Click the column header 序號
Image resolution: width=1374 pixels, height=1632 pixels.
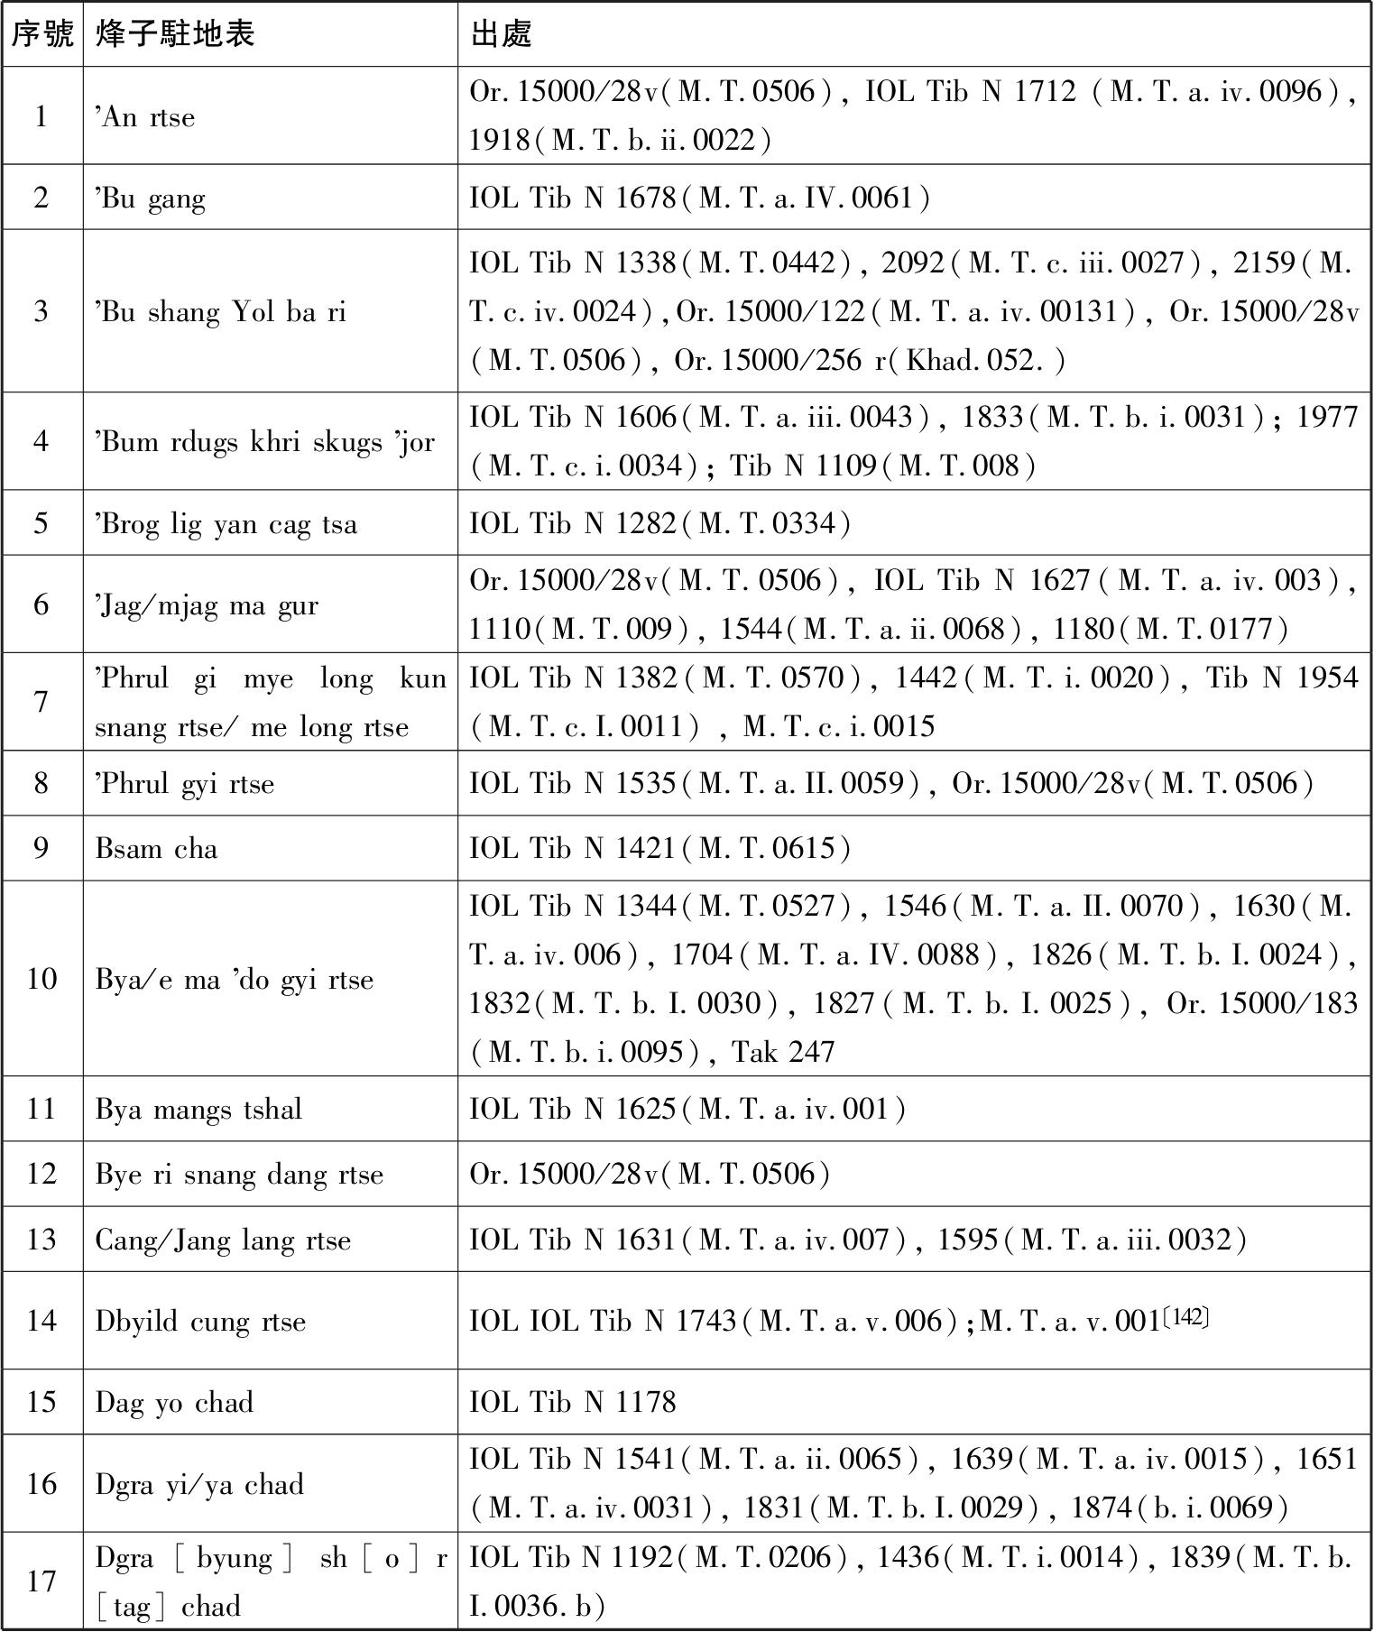(x=41, y=34)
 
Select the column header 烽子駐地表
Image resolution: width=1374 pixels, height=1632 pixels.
(x=175, y=34)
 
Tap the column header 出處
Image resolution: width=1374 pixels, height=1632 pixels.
(x=502, y=34)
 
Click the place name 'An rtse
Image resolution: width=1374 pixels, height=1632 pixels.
(x=145, y=117)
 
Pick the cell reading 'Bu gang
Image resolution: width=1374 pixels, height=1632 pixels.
(x=151, y=198)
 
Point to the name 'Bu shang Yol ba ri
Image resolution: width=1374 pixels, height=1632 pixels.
(x=221, y=312)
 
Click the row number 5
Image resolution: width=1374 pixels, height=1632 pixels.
(x=41, y=523)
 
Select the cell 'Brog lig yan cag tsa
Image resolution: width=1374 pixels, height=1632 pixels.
(x=226, y=524)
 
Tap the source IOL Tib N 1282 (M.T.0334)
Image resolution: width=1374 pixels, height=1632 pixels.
(x=659, y=523)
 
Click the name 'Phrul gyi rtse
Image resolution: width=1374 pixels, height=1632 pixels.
(x=185, y=783)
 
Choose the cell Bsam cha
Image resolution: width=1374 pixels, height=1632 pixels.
(x=157, y=849)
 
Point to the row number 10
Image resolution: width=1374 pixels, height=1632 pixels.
(x=41, y=979)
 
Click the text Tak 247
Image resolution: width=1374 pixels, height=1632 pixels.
(x=783, y=1052)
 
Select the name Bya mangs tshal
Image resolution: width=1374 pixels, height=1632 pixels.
(x=198, y=1109)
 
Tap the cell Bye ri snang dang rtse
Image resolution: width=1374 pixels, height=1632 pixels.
(x=239, y=1175)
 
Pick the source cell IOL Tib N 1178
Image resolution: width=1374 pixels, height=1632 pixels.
(x=573, y=1402)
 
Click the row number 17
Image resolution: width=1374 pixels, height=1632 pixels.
(x=41, y=1581)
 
